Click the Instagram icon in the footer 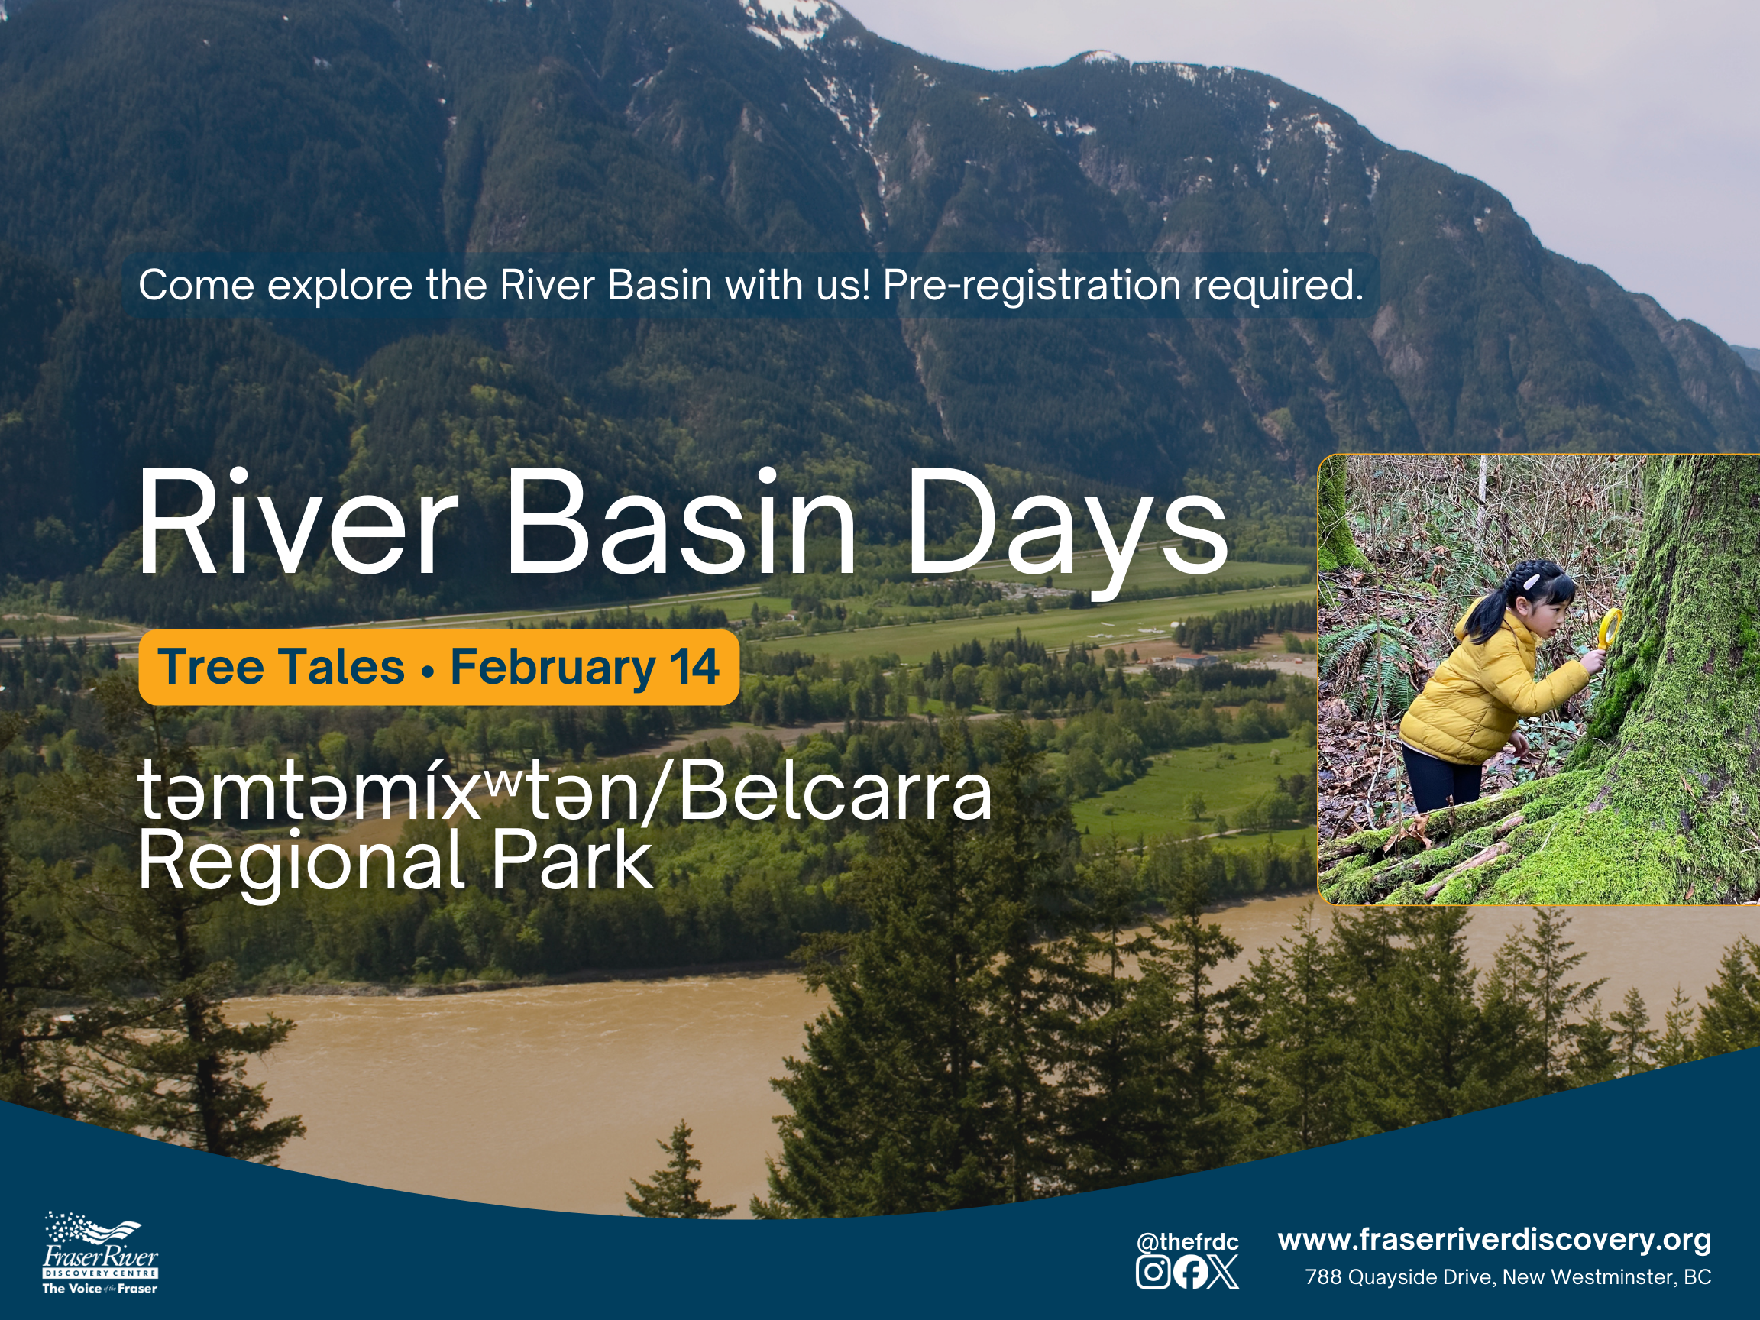point(1152,1271)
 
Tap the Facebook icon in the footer point(1189,1271)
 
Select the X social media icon point(1223,1271)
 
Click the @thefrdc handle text point(1188,1242)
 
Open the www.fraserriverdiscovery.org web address point(1494,1240)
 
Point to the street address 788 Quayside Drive point(1399,1277)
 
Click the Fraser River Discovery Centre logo point(100,1254)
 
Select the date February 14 point(585,667)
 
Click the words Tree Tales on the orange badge point(281,667)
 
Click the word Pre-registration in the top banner point(1031,285)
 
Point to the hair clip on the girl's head point(1531,582)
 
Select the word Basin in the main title point(681,520)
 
